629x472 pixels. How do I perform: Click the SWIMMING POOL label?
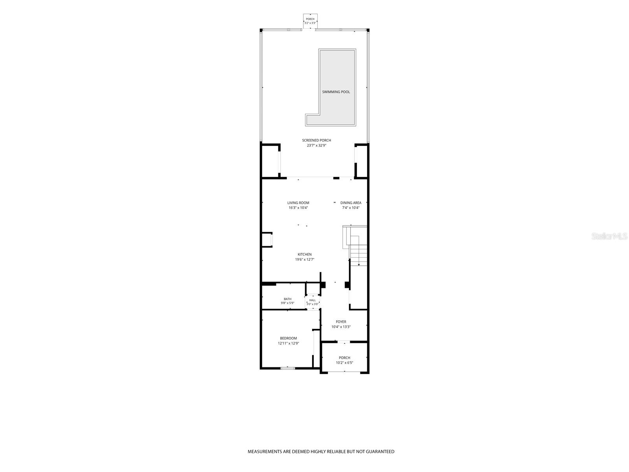tap(336, 92)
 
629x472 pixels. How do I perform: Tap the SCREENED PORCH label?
tap(316, 140)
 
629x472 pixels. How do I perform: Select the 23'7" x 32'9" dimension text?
tap(316, 146)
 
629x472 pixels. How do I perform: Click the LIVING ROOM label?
tap(298, 203)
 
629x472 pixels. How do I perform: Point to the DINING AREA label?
tap(351, 203)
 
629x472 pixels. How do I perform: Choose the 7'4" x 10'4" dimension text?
tap(351, 208)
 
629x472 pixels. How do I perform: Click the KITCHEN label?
tap(305, 254)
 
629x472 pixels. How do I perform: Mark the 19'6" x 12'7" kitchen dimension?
tap(305, 260)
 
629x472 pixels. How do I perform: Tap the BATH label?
tap(287, 299)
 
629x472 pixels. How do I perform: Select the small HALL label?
tap(313, 301)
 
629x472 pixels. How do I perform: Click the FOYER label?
tap(341, 322)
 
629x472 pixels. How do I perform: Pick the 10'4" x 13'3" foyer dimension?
tap(341, 327)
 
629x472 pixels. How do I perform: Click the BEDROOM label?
tap(288, 338)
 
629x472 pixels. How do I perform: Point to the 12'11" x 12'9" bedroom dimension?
tap(288, 343)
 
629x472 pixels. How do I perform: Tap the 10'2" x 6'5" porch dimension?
tap(344, 363)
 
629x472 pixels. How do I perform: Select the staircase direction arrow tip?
tap(359, 265)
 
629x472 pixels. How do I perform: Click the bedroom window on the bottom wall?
tap(287, 368)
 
